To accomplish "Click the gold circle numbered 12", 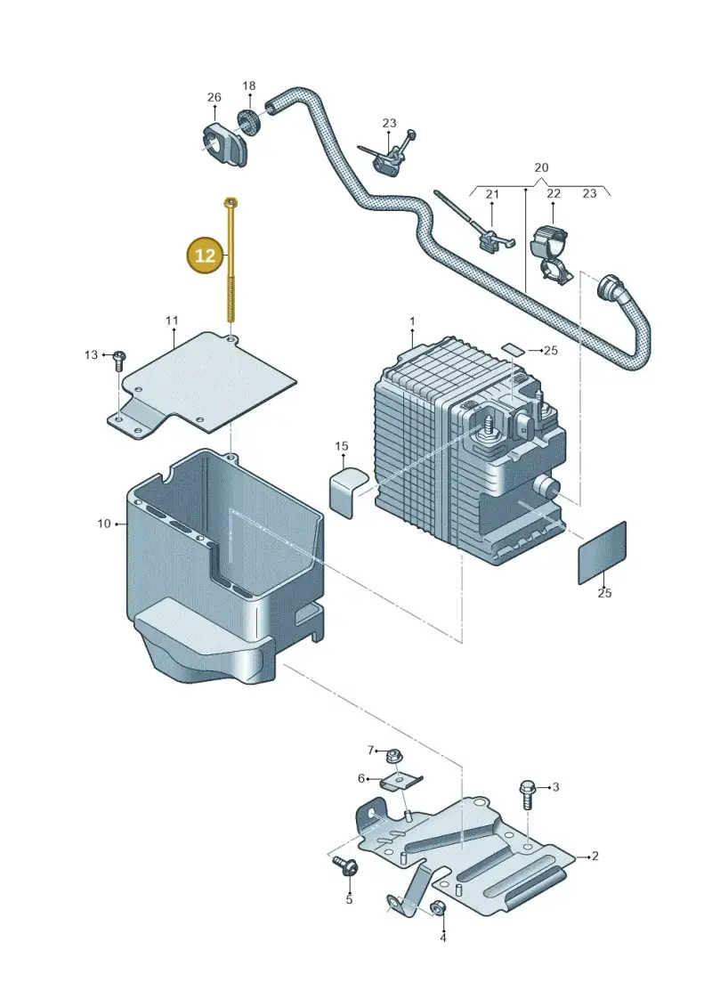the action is tap(205, 256).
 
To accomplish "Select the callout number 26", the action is tap(214, 97).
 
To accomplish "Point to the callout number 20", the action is tap(541, 167).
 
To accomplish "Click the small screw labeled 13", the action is tap(119, 361).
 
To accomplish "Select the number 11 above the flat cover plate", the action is tap(172, 321).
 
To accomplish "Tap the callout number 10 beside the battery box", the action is tap(104, 524).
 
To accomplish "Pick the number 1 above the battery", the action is tap(412, 321).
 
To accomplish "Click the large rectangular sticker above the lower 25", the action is tap(603, 552).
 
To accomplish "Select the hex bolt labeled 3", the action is tap(529, 795).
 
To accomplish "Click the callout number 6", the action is tap(361, 778).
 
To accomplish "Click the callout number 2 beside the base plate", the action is tap(595, 856).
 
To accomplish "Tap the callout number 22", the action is tap(554, 193).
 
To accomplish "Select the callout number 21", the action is tap(492, 194).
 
